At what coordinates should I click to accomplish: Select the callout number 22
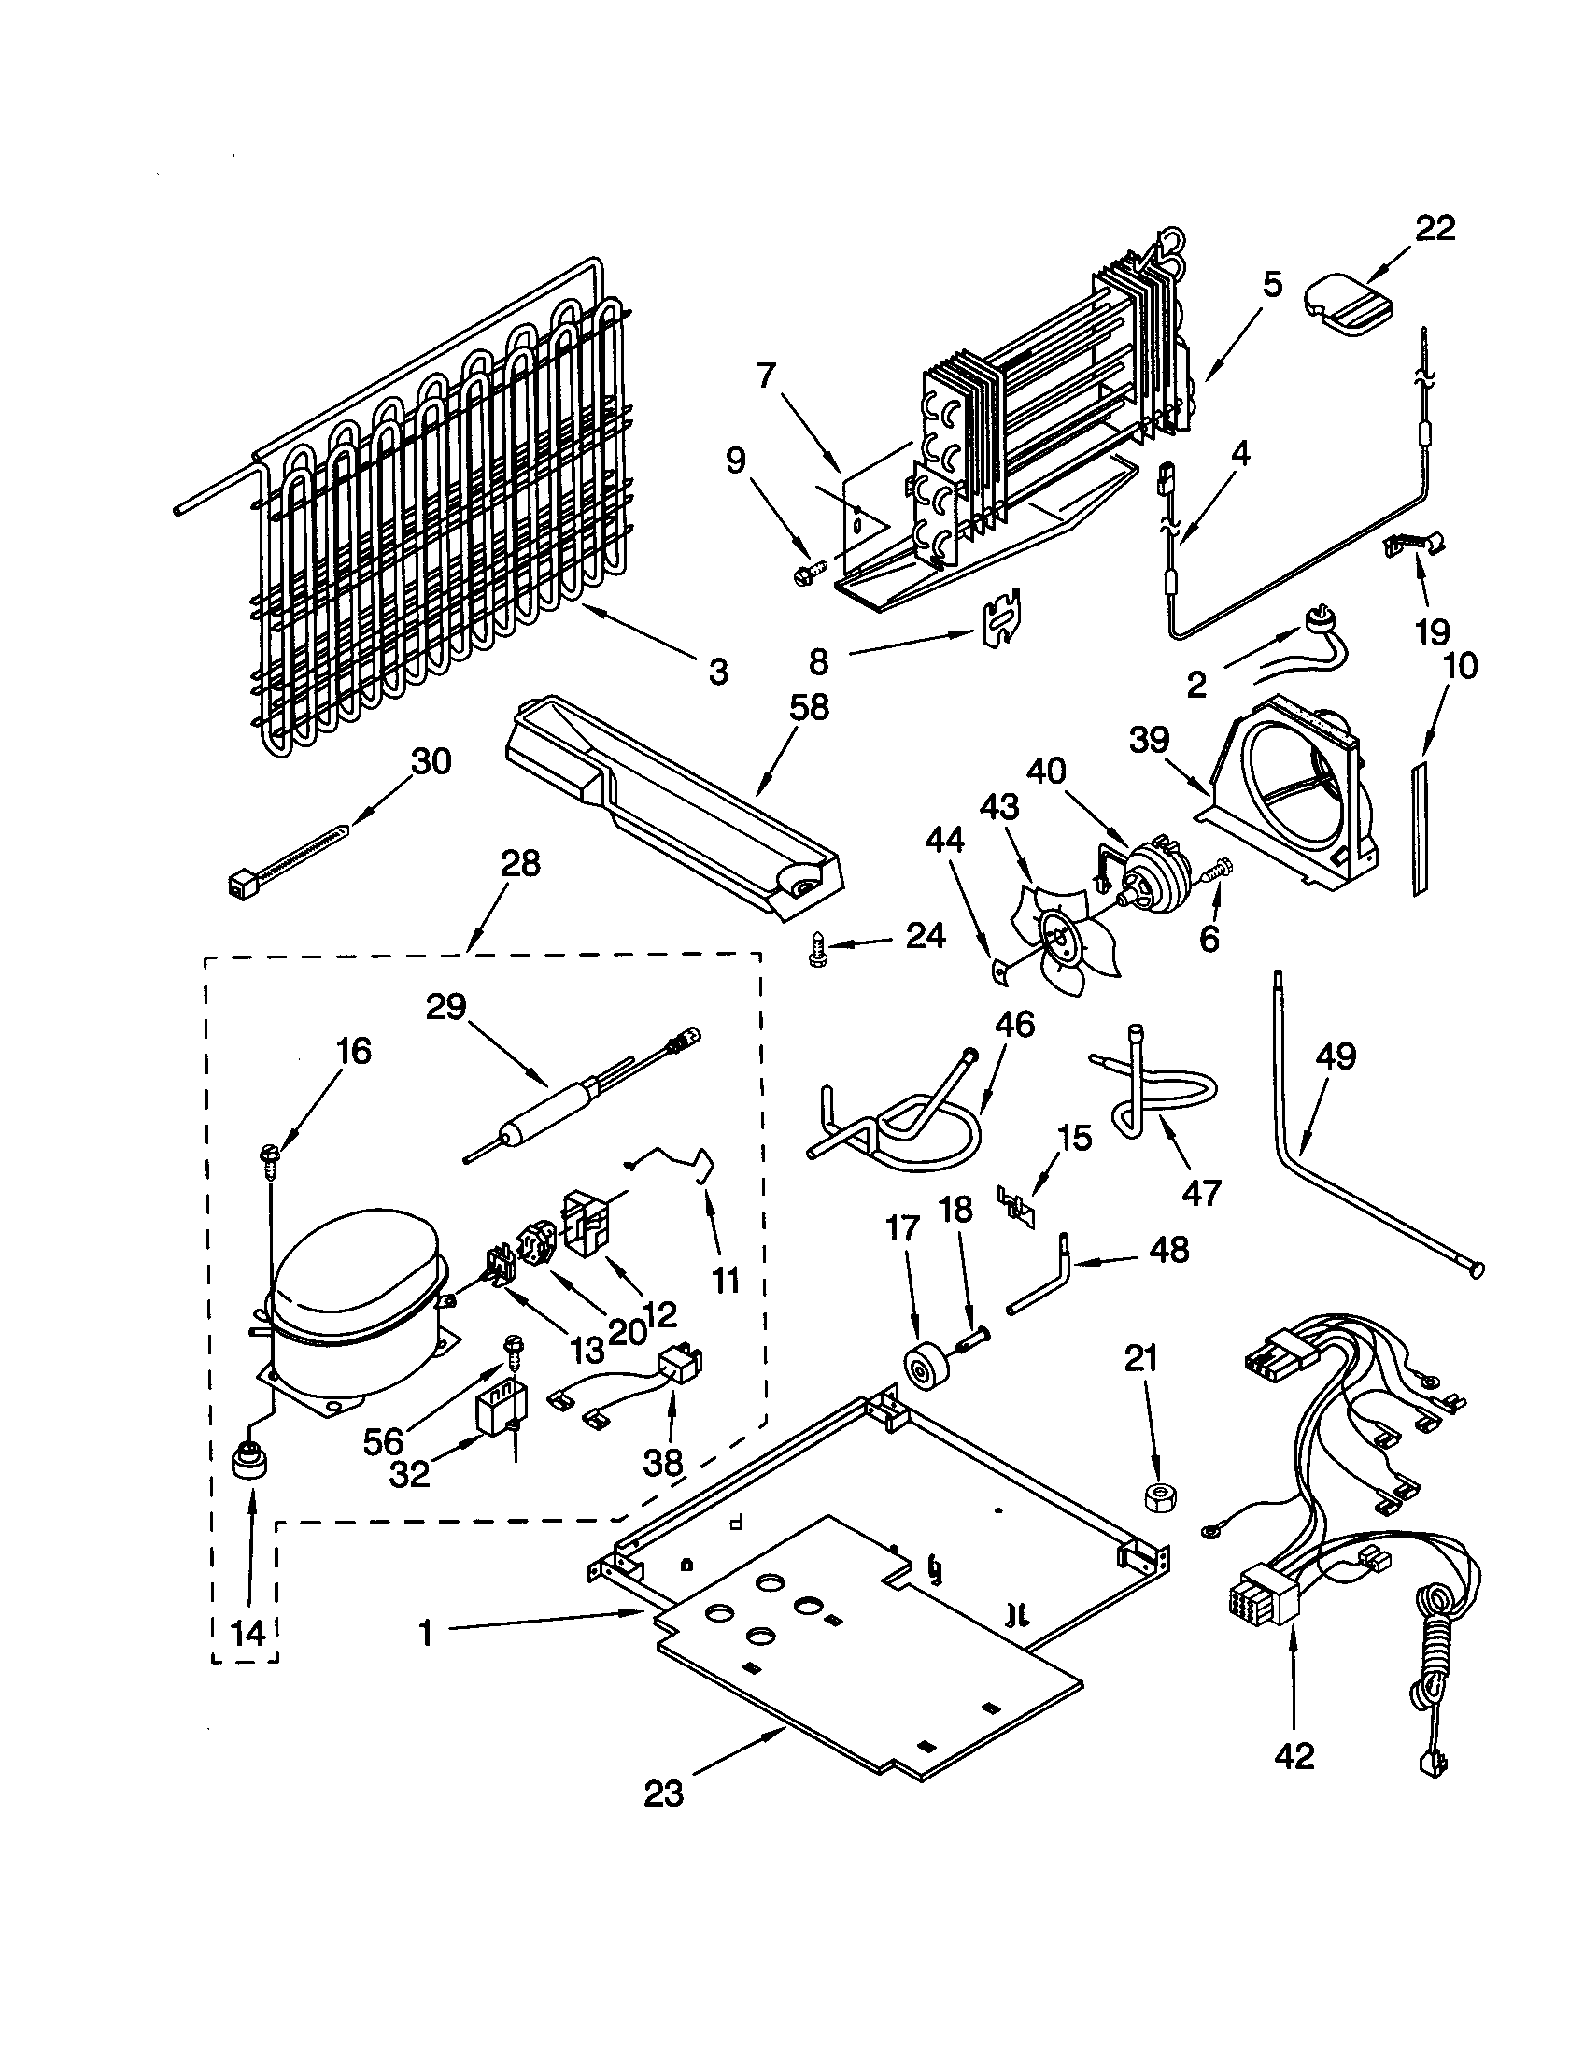coord(1435,228)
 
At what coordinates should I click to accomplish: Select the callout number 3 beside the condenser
coord(717,672)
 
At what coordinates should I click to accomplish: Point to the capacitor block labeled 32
coord(499,1409)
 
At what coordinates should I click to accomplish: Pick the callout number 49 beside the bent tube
coord(1336,1056)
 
